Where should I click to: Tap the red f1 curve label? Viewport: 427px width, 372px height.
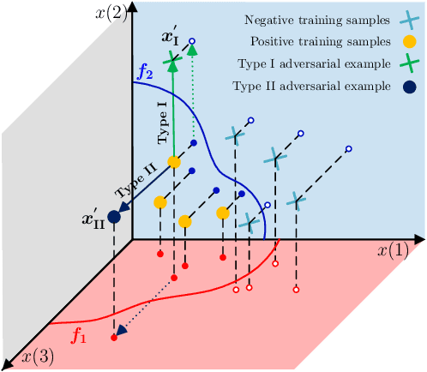pos(79,337)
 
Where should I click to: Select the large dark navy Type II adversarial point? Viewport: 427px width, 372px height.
pos(114,217)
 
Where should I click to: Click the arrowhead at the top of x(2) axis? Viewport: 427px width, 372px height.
pos(132,8)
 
